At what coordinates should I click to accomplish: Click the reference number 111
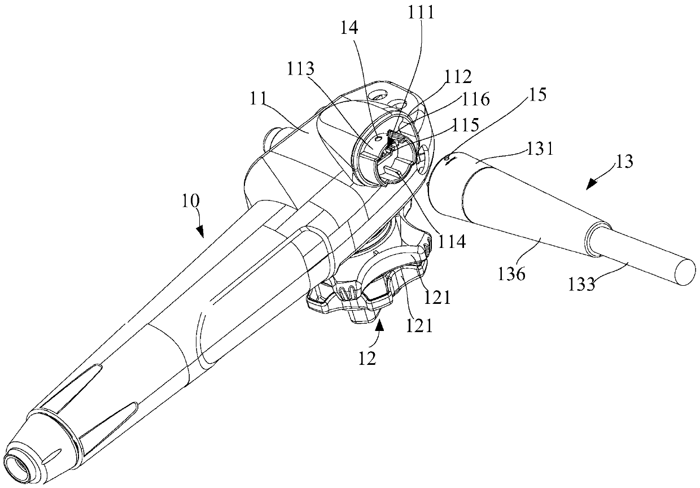pos(422,12)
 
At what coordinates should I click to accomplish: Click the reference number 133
pos(582,284)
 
